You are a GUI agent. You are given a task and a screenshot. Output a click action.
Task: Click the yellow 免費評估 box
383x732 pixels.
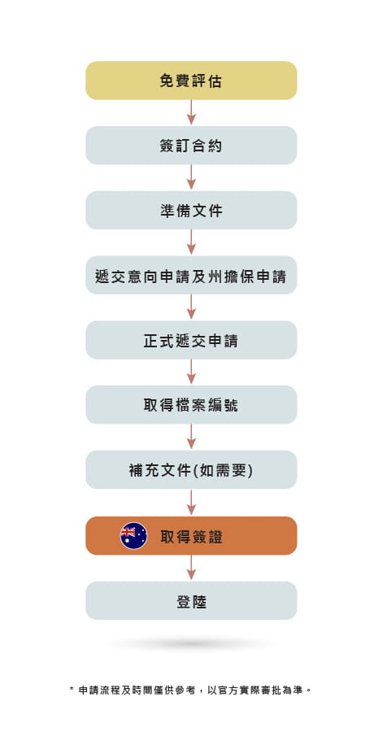click(191, 81)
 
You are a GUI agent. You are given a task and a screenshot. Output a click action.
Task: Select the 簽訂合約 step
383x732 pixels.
click(191, 146)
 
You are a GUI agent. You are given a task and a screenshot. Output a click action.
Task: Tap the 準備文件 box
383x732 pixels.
click(191, 210)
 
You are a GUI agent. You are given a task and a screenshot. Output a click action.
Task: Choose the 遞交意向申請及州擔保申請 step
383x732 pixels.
click(191, 275)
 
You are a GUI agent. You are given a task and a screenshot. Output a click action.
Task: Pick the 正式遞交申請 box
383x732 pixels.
click(191, 340)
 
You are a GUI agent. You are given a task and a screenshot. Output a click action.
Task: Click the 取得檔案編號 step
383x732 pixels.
click(191, 405)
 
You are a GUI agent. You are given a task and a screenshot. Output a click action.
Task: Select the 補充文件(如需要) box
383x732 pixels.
click(191, 469)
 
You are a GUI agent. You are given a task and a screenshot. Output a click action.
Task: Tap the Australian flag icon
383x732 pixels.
click(134, 535)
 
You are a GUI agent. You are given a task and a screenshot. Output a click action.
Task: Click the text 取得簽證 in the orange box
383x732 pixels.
click(192, 537)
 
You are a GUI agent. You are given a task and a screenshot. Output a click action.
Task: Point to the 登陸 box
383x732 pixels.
click(191, 600)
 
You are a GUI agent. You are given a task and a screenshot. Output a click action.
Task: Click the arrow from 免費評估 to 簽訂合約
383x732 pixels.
click(191, 112)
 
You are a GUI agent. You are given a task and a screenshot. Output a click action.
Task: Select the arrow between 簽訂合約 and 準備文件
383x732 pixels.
click(191, 177)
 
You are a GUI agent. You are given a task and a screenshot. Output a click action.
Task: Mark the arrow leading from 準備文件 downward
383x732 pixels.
click(191, 242)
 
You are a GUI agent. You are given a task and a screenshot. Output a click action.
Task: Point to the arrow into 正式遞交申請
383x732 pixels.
click(191, 307)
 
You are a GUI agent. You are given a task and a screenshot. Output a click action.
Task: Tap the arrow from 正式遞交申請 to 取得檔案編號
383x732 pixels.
click(191, 372)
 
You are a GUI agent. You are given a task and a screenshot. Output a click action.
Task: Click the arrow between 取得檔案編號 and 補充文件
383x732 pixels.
click(191, 437)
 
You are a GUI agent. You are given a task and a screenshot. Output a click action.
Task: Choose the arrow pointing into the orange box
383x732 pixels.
click(191, 502)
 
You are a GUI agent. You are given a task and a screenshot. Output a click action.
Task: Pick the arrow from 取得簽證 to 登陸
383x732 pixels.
click(191, 567)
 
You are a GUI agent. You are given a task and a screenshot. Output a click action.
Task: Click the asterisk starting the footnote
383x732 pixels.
click(72, 689)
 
